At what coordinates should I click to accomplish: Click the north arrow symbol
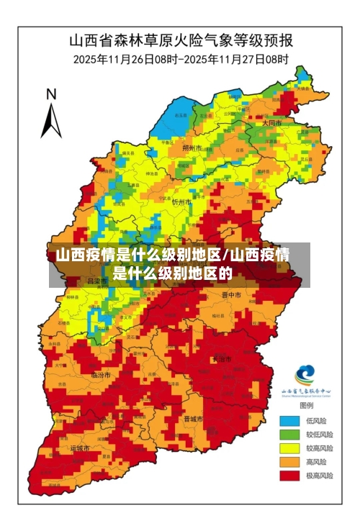(51, 119)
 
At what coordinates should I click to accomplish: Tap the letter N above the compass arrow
(51, 94)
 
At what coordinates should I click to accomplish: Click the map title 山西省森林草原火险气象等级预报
(180, 40)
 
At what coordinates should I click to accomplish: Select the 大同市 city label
(271, 123)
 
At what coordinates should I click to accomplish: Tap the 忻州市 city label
(181, 202)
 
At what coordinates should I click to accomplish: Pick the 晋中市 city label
(231, 294)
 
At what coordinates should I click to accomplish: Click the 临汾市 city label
(101, 375)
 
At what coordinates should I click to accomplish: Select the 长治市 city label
(222, 358)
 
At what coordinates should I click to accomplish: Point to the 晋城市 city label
(193, 418)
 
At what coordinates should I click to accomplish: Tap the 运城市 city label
(80, 448)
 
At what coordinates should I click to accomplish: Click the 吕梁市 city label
(96, 281)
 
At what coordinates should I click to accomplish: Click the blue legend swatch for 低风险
(290, 420)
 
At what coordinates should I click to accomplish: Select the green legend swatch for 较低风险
(290, 434)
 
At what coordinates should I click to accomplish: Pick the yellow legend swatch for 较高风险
(290, 448)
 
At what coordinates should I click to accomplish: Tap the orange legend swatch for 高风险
(290, 461)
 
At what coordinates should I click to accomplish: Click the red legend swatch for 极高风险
(290, 475)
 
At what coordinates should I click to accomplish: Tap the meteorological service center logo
(306, 375)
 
